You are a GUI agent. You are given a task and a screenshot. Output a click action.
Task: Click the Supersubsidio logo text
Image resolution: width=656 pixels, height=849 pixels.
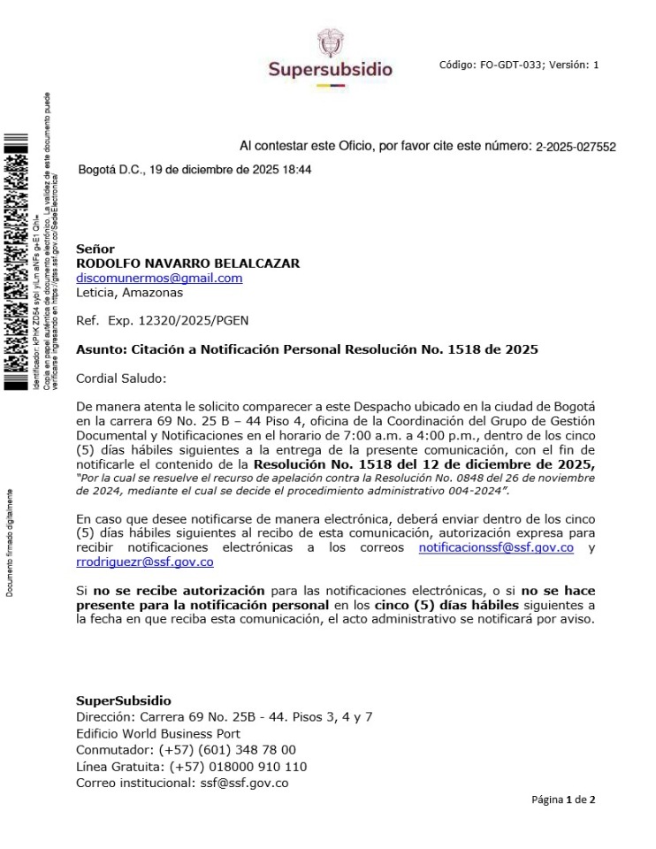tap(330, 69)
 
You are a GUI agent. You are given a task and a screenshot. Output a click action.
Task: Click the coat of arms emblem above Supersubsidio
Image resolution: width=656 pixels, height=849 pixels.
tap(329, 42)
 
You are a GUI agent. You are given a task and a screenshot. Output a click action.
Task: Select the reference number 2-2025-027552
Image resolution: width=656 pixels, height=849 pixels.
tap(576, 147)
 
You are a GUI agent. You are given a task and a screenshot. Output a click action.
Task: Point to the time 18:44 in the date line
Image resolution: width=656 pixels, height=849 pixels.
tap(296, 169)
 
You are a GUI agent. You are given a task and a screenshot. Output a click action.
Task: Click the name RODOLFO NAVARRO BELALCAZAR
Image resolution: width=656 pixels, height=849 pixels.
tap(187, 264)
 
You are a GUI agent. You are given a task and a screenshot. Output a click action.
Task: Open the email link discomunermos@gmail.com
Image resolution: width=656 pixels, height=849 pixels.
tap(159, 278)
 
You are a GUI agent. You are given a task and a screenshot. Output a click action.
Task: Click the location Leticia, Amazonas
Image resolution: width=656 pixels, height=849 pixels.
tap(129, 292)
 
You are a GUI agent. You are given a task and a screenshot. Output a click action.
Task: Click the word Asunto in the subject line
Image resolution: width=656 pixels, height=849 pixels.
tap(98, 349)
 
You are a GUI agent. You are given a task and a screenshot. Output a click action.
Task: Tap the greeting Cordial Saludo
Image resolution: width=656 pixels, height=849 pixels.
tap(121, 379)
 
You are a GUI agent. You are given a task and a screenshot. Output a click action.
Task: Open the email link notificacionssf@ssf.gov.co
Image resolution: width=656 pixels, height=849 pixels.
tap(496, 547)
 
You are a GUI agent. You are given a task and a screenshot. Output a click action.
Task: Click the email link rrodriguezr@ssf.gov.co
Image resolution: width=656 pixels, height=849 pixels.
tap(145, 562)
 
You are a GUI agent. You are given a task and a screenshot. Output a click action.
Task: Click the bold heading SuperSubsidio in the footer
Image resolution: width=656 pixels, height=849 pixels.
tap(124, 700)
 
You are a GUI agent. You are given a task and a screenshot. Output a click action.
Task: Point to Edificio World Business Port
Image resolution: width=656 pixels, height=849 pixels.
tap(157, 733)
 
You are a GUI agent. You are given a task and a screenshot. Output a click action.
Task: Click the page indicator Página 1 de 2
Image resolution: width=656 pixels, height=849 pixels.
tap(563, 799)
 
